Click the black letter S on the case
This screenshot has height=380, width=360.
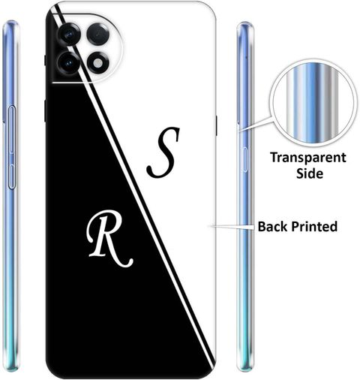(x=163, y=152)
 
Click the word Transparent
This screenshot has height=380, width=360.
(x=308, y=158)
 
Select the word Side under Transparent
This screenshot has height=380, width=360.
(x=310, y=173)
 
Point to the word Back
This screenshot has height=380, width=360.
(x=273, y=227)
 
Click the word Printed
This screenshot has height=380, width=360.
(x=314, y=227)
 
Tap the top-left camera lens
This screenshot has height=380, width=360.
(x=68, y=35)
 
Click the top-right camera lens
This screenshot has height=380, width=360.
(x=97, y=34)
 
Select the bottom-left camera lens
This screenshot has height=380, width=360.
(x=68, y=63)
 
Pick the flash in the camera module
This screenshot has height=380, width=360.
(x=98, y=63)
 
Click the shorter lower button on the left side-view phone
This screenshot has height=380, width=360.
(x=12, y=176)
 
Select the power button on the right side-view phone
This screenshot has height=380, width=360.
(x=244, y=159)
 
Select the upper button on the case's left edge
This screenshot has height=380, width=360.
(x=45, y=60)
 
